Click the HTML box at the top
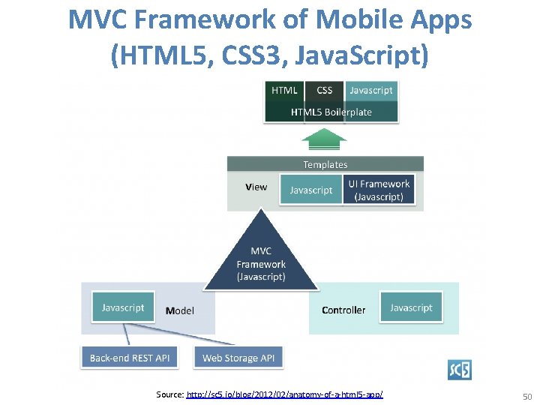click(284, 90)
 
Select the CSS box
click(324, 90)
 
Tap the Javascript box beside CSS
click(370, 90)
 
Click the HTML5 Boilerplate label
click(331, 112)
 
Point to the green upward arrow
click(324, 139)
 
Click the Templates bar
click(325, 164)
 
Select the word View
click(256, 187)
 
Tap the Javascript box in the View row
click(310, 190)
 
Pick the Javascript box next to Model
click(123, 307)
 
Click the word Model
click(180, 310)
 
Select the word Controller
click(343, 310)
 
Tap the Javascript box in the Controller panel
click(411, 307)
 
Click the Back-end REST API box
click(130, 358)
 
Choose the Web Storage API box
click(238, 358)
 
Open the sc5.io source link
click(284, 394)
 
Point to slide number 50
click(526, 395)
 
